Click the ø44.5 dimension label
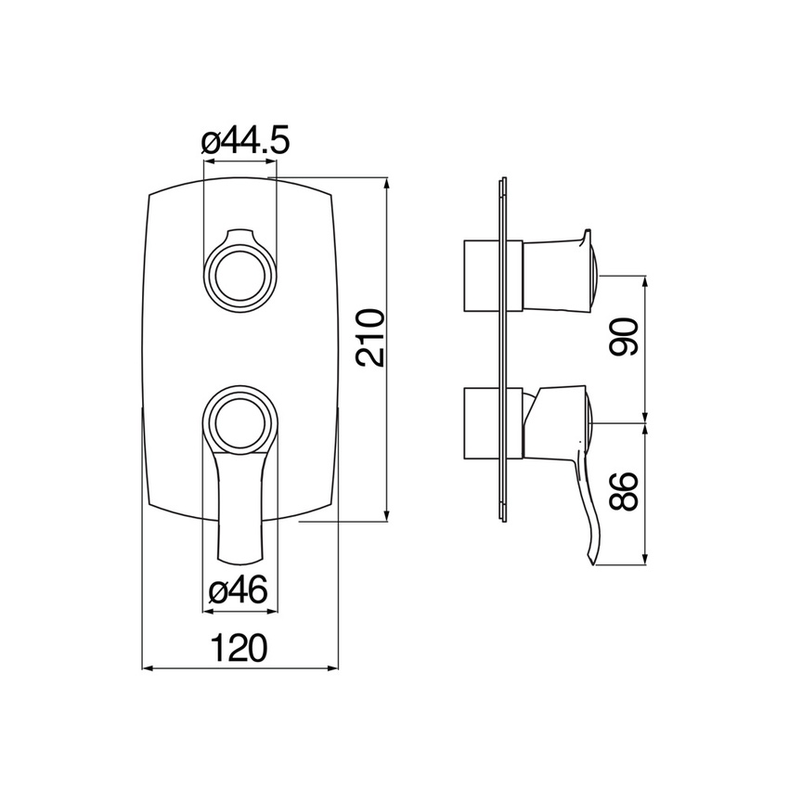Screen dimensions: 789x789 (x=246, y=141)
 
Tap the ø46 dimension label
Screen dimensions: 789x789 (x=238, y=590)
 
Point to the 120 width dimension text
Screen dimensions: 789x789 (x=238, y=648)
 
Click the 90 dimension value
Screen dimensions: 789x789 (x=624, y=336)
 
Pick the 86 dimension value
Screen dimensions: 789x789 (x=624, y=492)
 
